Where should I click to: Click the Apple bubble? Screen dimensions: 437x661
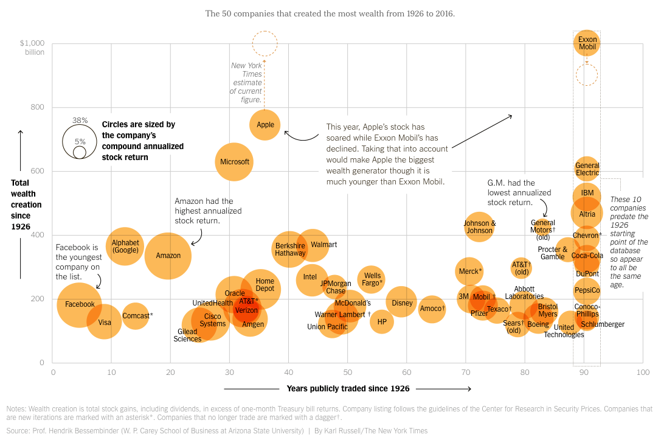[x=265, y=125]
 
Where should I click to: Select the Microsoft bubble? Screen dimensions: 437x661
[x=234, y=162]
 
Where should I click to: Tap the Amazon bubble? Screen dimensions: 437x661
[x=168, y=256]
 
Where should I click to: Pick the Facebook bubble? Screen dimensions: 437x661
[x=80, y=304]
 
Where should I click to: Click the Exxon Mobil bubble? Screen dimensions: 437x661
[x=587, y=43]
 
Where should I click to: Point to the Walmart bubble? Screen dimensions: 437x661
[x=313, y=245]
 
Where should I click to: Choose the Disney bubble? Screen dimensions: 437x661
[x=401, y=302]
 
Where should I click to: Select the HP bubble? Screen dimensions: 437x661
[x=382, y=322]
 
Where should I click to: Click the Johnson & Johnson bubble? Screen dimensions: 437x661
[x=479, y=227]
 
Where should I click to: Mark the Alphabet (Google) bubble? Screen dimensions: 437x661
[x=126, y=246]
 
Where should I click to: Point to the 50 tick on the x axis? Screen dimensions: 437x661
[x=347, y=372]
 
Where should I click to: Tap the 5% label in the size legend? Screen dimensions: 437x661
[x=80, y=141]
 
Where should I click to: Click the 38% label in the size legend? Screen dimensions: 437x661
[x=80, y=121]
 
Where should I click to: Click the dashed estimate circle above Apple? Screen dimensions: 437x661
[x=265, y=44]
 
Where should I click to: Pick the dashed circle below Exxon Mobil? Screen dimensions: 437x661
[x=587, y=75]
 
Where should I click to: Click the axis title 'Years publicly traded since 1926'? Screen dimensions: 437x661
[x=348, y=388]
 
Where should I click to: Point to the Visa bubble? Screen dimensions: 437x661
[x=105, y=323]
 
